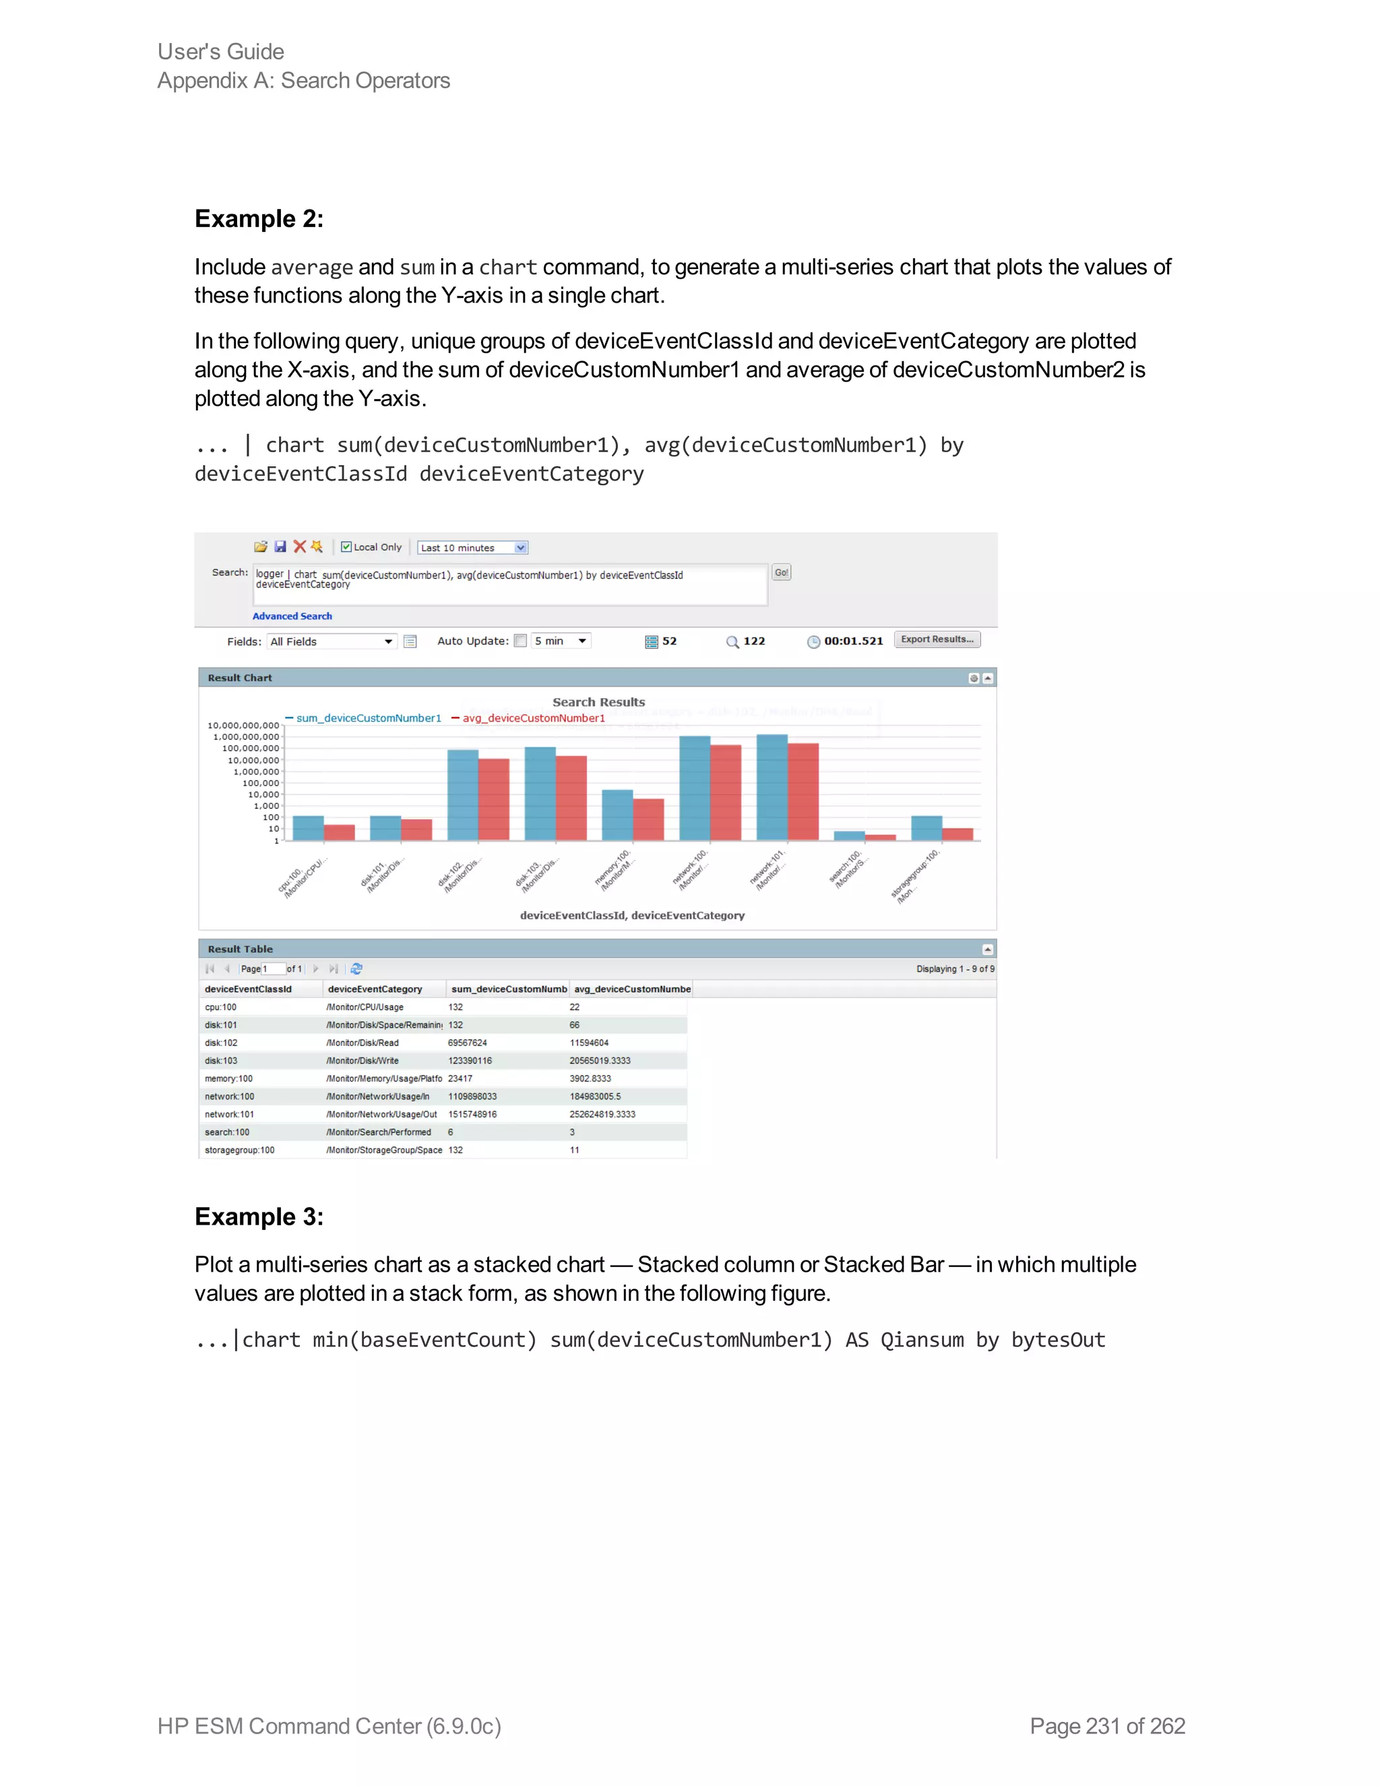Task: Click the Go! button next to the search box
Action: tap(781, 572)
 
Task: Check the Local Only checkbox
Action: tap(346, 547)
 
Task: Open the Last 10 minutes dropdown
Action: tap(520, 548)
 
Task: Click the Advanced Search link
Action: tap(292, 616)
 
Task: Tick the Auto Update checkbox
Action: tap(520, 641)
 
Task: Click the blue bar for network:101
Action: tap(772, 787)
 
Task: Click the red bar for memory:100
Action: tap(648, 820)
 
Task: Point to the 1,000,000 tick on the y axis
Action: tap(257, 771)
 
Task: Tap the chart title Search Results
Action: tap(598, 702)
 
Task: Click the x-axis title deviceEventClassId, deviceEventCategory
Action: tap(632, 915)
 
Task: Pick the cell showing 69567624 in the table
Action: tap(468, 1043)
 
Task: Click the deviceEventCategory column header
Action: tap(375, 989)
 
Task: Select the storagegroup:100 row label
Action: tap(239, 1150)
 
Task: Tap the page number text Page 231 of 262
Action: tap(1107, 1726)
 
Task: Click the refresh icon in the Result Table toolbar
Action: tap(356, 968)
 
